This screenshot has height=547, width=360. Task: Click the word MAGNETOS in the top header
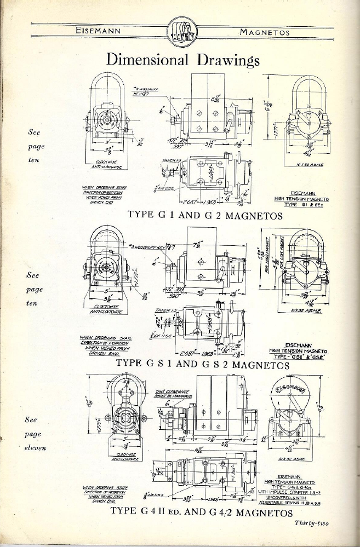coord(264,32)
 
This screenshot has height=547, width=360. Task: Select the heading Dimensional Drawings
coord(182,59)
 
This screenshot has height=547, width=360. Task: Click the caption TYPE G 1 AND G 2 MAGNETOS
coord(205,215)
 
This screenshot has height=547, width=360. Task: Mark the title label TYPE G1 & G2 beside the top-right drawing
coord(310,204)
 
